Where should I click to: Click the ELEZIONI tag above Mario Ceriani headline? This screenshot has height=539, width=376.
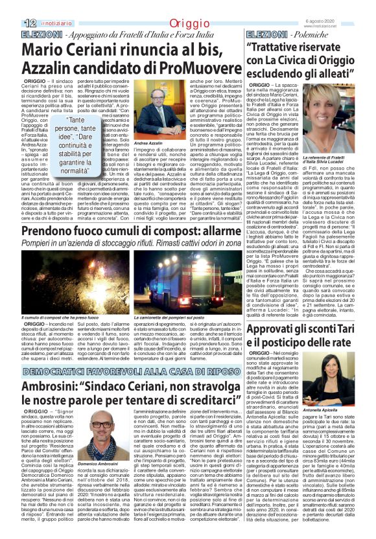(24, 32)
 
